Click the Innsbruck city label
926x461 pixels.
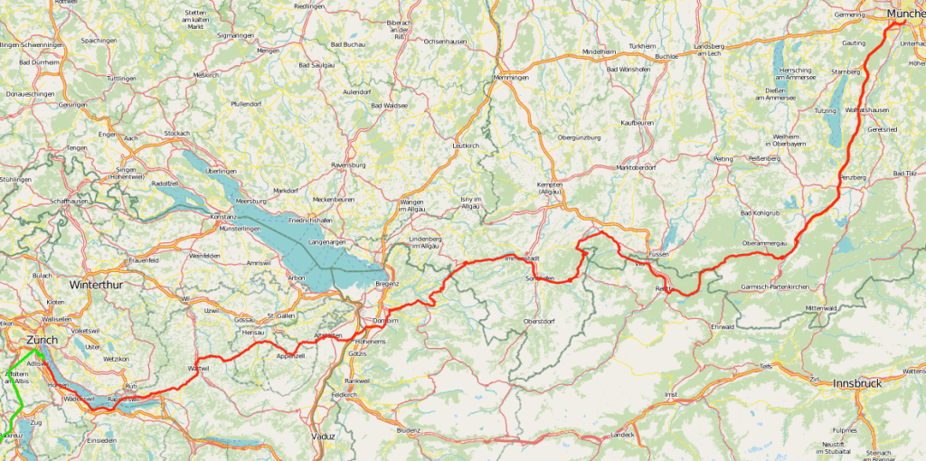pos(856,383)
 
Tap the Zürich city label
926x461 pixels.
pos(42,340)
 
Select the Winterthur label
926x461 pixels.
pos(95,285)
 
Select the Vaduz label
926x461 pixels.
pos(323,436)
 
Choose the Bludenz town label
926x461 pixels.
pos(410,430)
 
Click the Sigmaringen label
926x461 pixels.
pos(236,35)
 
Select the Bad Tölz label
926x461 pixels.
pos(904,173)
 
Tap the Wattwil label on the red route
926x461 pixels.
pos(198,369)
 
